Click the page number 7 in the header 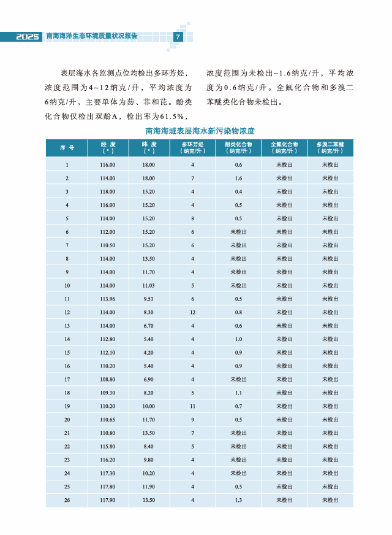tap(178, 37)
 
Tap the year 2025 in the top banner tap(28, 37)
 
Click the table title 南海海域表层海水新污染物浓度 tap(200, 131)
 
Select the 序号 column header tap(67, 148)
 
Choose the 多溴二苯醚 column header tap(330, 148)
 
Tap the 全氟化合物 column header tap(284, 148)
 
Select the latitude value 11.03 tap(148, 285)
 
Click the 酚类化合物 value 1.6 tap(238, 178)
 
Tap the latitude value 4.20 tap(148, 352)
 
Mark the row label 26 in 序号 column tap(67, 500)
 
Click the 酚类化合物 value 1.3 tap(238, 500)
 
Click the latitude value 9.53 tap(148, 299)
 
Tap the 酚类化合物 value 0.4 tap(238, 191)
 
